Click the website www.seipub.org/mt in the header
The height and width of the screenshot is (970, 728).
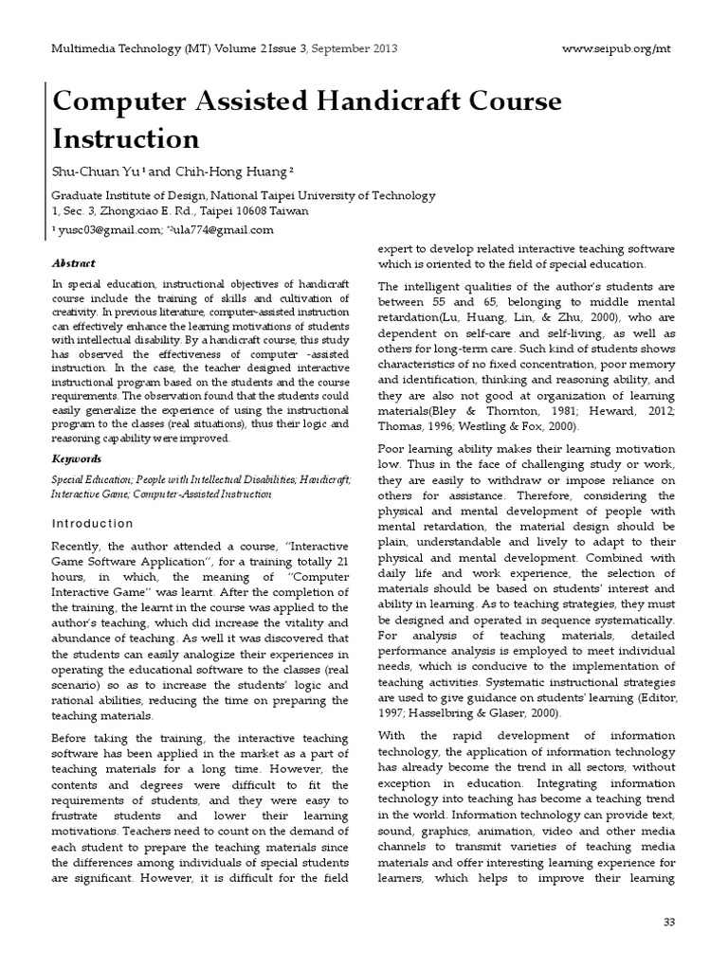(x=622, y=48)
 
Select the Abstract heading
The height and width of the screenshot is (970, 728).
(x=74, y=262)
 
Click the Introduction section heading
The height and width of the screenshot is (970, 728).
(x=93, y=523)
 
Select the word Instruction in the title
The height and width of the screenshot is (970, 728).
(x=125, y=138)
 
